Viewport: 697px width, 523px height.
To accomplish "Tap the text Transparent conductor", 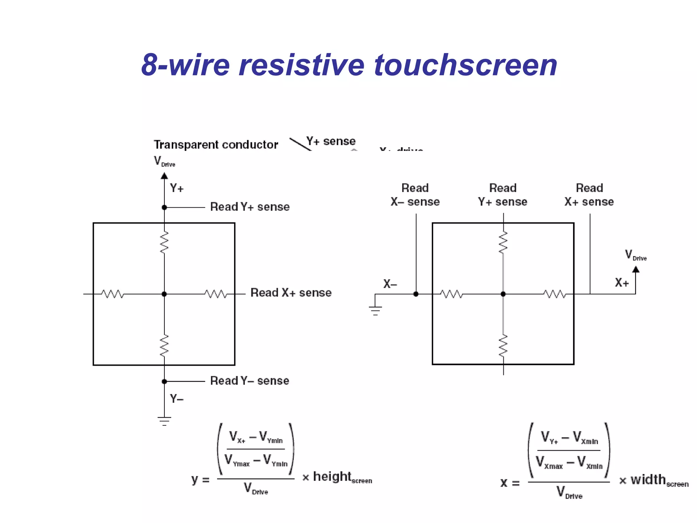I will (216, 145).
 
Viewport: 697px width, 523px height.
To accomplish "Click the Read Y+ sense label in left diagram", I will (250, 207).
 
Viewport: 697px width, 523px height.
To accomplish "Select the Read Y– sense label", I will (249, 381).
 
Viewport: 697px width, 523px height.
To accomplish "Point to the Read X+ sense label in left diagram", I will (291, 292).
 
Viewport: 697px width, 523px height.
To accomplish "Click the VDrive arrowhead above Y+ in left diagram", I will (164, 176).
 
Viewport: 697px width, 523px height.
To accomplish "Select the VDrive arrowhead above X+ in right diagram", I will (636, 270).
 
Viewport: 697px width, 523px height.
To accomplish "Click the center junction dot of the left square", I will (164, 294).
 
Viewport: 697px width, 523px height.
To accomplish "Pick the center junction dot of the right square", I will (503, 294).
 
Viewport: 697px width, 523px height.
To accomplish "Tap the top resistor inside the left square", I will (164, 242).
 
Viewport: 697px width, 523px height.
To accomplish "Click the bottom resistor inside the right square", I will (503, 346).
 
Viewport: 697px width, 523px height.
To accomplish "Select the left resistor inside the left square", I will (113, 294).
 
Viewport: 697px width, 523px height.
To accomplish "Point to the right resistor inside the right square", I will (555, 294).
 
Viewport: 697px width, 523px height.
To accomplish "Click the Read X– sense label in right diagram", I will (415, 195).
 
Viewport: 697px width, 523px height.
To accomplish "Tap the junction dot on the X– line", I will (416, 294).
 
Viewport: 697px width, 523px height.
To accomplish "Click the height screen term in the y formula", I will (342, 477).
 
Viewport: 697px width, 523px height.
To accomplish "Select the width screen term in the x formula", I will (659, 480).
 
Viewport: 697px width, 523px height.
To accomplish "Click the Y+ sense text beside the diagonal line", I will (331, 141).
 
